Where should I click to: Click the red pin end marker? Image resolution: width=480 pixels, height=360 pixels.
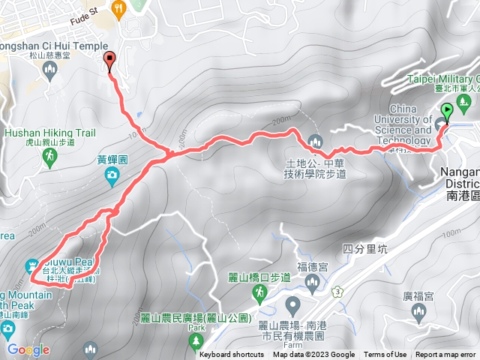click(x=111, y=62)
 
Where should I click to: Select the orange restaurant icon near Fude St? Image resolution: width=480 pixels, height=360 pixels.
click(x=118, y=8)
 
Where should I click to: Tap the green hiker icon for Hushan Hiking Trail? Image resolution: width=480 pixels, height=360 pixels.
click(x=49, y=156)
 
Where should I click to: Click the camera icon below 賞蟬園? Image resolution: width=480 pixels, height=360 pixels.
click(x=112, y=176)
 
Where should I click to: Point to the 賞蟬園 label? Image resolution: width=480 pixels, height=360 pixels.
click(x=112, y=160)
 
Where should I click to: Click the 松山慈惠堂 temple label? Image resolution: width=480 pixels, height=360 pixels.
click(x=49, y=55)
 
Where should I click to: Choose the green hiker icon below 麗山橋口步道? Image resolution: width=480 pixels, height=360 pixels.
click(x=259, y=294)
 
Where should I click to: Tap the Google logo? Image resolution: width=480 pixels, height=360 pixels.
click(x=28, y=349)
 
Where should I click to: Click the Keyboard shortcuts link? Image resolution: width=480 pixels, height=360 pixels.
click(x=232, y=355)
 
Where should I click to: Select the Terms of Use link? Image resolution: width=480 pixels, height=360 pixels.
click(x=385, y=355)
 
